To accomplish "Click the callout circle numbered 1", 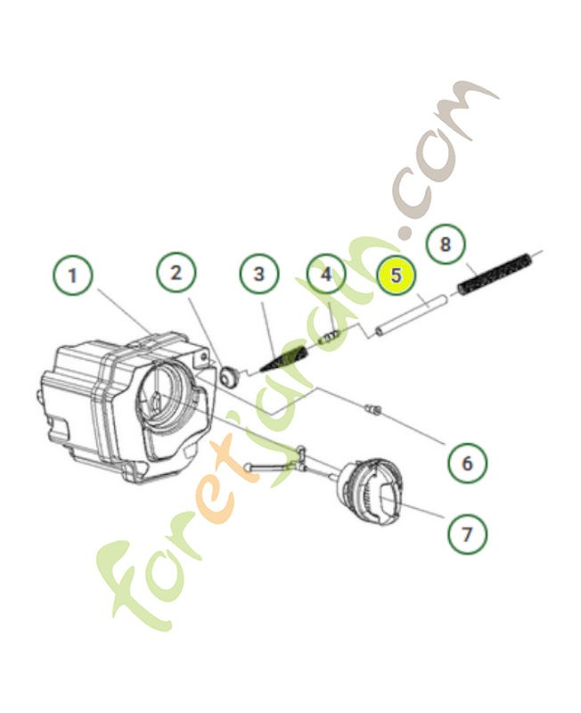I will pos(73,275).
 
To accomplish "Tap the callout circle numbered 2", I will pos(176,272).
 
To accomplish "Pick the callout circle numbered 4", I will pos(326,274).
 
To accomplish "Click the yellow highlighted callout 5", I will pos(396,275).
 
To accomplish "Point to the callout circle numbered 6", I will pos(468,462).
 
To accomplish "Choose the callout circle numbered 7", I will pos(468,533).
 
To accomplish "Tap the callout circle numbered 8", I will pos(446,243).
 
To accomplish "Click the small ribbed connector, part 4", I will pos(331,337).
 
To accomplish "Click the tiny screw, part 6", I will pos(372,409).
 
